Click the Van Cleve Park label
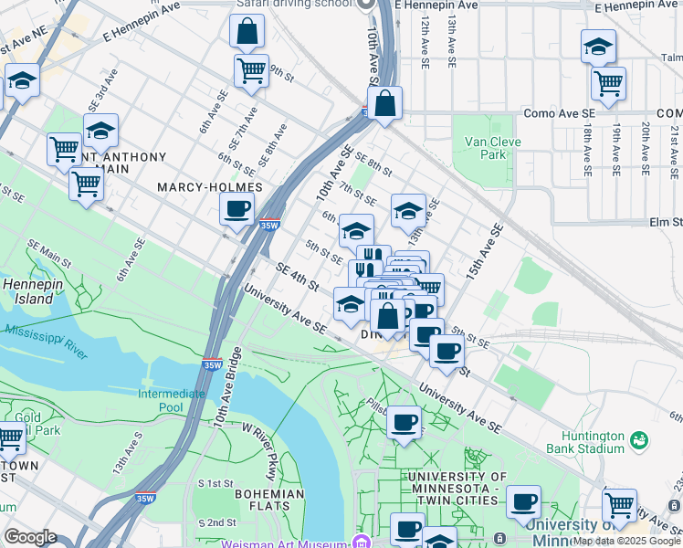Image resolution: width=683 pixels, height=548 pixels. point(485,148)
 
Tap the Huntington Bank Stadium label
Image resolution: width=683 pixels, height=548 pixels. point(584,442)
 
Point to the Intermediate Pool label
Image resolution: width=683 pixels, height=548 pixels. point(171,400)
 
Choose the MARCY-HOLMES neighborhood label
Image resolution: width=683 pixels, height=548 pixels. point(209,187)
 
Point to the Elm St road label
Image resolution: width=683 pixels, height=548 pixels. point(665,222)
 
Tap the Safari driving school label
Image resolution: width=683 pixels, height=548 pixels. point(293,5)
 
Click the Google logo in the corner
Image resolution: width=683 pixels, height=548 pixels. point(30,537)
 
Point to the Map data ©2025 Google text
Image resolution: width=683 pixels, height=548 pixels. point(626,541)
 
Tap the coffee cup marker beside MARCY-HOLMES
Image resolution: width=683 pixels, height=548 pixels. point(236,209)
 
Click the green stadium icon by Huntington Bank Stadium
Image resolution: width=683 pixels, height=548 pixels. point(640,441)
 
